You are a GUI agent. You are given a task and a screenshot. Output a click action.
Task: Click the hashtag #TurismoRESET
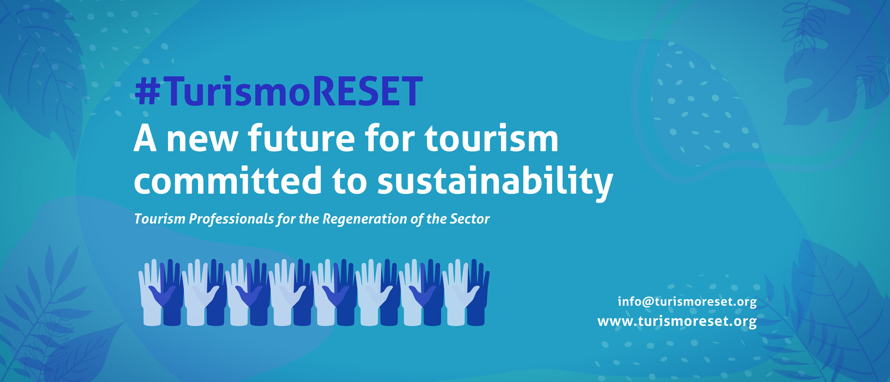[279, 91]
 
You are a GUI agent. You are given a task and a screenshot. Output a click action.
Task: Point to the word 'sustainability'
[495, 183]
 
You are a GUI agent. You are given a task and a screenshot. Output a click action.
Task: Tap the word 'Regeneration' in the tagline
[364, 219]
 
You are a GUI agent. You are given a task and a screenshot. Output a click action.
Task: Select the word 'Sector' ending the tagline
[470, 219]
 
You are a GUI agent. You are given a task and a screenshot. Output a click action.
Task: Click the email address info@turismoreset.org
[687, 301]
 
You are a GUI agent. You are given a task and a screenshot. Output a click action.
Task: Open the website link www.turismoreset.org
[677, 321]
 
